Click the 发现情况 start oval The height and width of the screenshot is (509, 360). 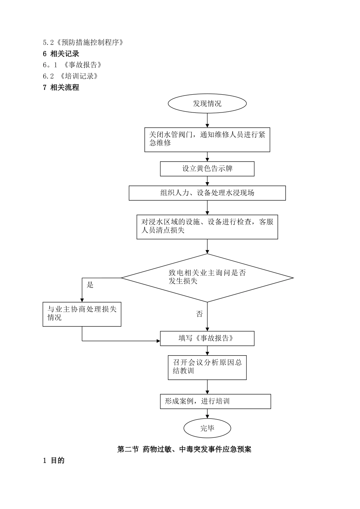[x=207, y=103]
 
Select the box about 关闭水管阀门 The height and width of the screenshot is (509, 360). [x=207, y=139]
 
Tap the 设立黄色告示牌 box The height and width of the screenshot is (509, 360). [x=207, y=169]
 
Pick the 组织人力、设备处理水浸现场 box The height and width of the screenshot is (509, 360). [x=207, y=193]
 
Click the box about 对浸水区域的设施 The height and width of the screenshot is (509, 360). [x=207, y=226]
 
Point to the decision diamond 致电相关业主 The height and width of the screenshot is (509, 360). [x=207, y=278]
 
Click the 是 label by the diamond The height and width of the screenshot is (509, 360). [x=90, y=285]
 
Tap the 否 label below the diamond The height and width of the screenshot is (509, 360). [x=200, y=314]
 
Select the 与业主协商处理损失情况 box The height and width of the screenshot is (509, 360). [x=82, y=314]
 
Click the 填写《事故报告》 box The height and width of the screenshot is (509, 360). [x=207, y=338]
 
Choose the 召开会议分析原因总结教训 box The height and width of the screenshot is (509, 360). [x=207, y=367]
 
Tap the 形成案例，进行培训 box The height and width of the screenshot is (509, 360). [x=215, y=401]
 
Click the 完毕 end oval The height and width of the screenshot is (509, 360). [x=207, y=428]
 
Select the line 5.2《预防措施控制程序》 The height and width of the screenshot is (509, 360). [x=83, y=42]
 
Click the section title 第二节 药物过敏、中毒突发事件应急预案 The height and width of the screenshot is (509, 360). [x=184, y=450]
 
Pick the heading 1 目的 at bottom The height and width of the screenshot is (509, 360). [x=54, y=461]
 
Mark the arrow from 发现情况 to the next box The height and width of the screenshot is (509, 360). [x=207, y=120]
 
